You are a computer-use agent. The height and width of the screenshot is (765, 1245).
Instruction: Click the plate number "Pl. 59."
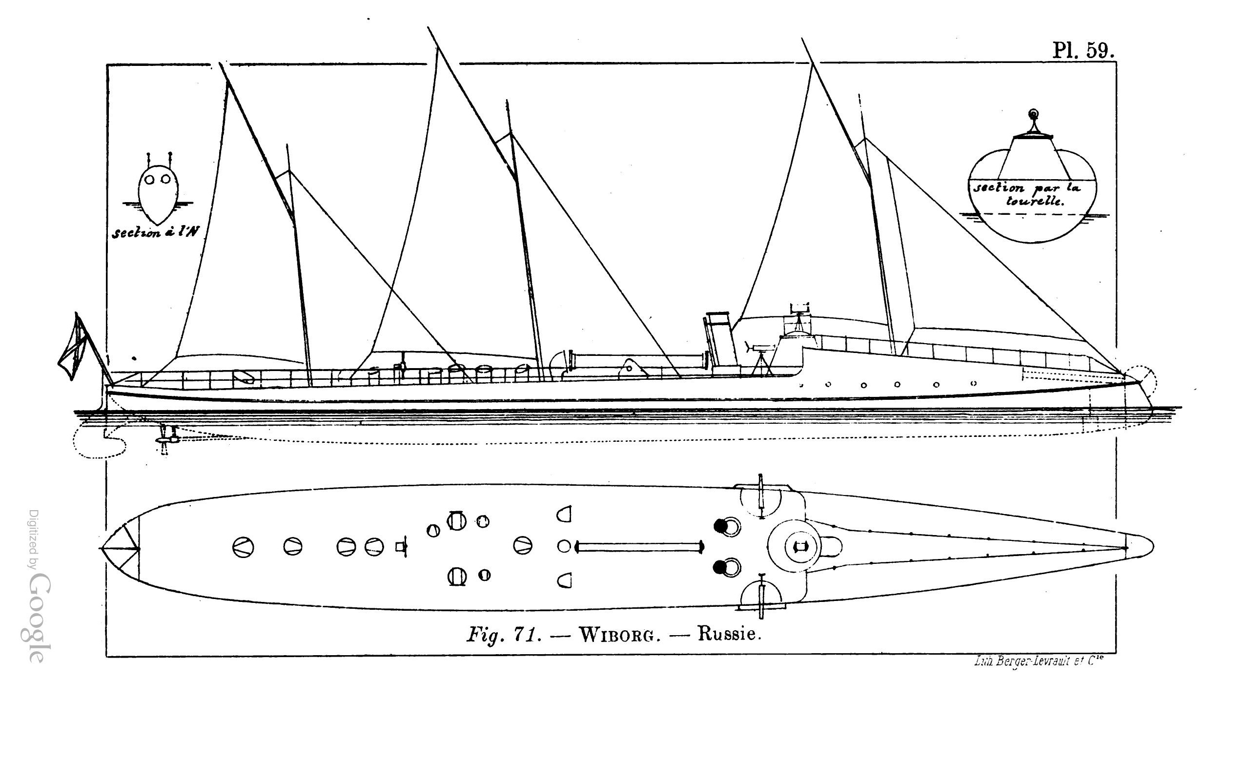coord(1083,51)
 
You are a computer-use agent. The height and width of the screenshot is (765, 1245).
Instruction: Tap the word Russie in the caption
coord(729,634)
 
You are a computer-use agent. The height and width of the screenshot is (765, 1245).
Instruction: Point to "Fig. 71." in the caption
coord(504,635)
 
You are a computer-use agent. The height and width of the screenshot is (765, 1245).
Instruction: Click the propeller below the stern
coord(165,439)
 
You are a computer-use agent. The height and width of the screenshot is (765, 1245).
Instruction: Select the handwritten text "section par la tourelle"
coord(1027,194)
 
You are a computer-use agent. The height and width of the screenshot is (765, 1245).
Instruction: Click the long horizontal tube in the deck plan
coord(640,547)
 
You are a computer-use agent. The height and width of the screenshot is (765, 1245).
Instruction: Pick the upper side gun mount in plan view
coord(761,498)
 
